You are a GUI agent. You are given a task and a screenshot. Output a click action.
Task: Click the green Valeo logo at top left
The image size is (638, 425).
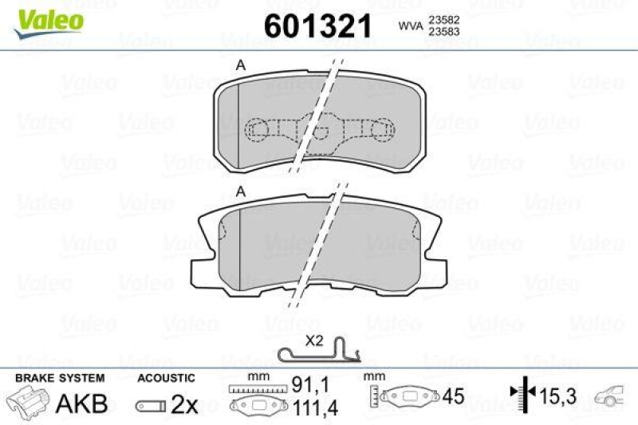tap(45, 17)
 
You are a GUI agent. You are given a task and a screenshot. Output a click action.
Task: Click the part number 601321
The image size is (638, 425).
tap(318, 26)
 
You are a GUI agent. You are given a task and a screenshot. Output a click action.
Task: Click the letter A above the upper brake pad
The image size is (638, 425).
tap(239, 66)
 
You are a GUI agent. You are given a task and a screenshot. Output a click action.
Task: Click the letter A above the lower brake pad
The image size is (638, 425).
tap(240, 191)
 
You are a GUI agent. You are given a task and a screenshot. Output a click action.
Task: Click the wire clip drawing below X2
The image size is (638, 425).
tap(318, 353)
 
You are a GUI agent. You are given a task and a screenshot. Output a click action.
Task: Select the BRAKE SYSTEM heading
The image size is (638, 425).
tap(59, 378)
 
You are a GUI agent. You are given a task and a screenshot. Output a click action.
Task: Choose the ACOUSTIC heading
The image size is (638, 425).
tap(167, 378)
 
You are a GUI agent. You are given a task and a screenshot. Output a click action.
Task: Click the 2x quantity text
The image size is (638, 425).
tap(184, 404)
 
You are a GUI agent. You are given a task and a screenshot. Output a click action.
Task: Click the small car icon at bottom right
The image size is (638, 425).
tap(612, 392)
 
